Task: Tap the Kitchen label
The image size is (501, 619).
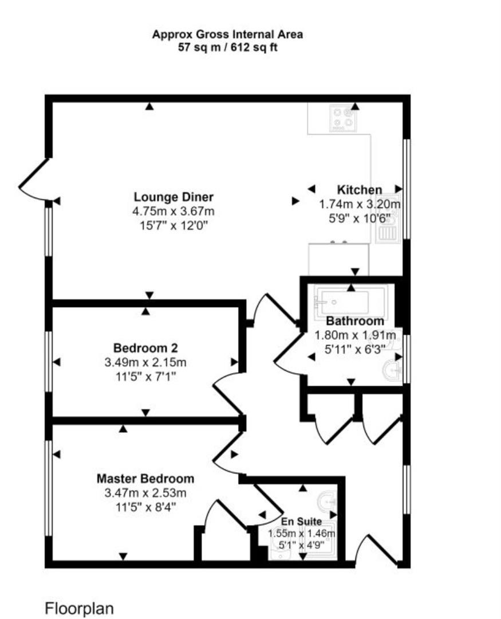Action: click(359, 190)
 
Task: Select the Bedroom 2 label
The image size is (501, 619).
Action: click(145, 348)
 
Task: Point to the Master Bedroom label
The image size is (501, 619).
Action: click(145, 479)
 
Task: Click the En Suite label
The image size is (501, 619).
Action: click(301, 522)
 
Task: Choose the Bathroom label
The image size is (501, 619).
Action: click(356, 321)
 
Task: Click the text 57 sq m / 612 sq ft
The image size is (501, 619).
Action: click(227, 48)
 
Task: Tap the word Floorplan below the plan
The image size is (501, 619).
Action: click(79, 608)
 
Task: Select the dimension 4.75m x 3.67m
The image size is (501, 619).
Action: click(173, 211)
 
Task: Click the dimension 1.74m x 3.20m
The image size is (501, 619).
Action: click(359, 205)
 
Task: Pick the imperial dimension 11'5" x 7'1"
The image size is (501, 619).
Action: click(145, 377)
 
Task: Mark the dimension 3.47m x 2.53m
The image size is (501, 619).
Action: click(145, 493)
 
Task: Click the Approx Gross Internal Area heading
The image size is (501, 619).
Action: click(227, 34)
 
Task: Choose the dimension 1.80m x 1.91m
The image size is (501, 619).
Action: click(356, 335)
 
